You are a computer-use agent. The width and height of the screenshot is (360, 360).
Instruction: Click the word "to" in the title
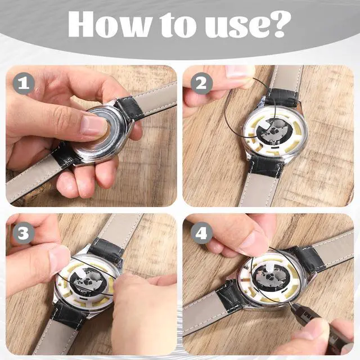point(178,25)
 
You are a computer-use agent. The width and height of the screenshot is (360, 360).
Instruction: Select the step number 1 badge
point(24,83)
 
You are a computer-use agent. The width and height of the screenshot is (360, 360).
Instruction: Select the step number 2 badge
point(201,83)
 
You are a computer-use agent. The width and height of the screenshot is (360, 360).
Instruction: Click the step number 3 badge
point(23,233)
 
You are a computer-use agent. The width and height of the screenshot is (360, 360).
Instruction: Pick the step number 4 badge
point(201,233)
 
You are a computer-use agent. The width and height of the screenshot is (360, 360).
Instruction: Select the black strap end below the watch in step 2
point(266,165)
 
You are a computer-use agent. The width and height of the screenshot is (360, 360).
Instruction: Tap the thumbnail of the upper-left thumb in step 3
point(58,260)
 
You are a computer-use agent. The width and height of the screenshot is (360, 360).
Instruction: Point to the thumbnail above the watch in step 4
point(252,241)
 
